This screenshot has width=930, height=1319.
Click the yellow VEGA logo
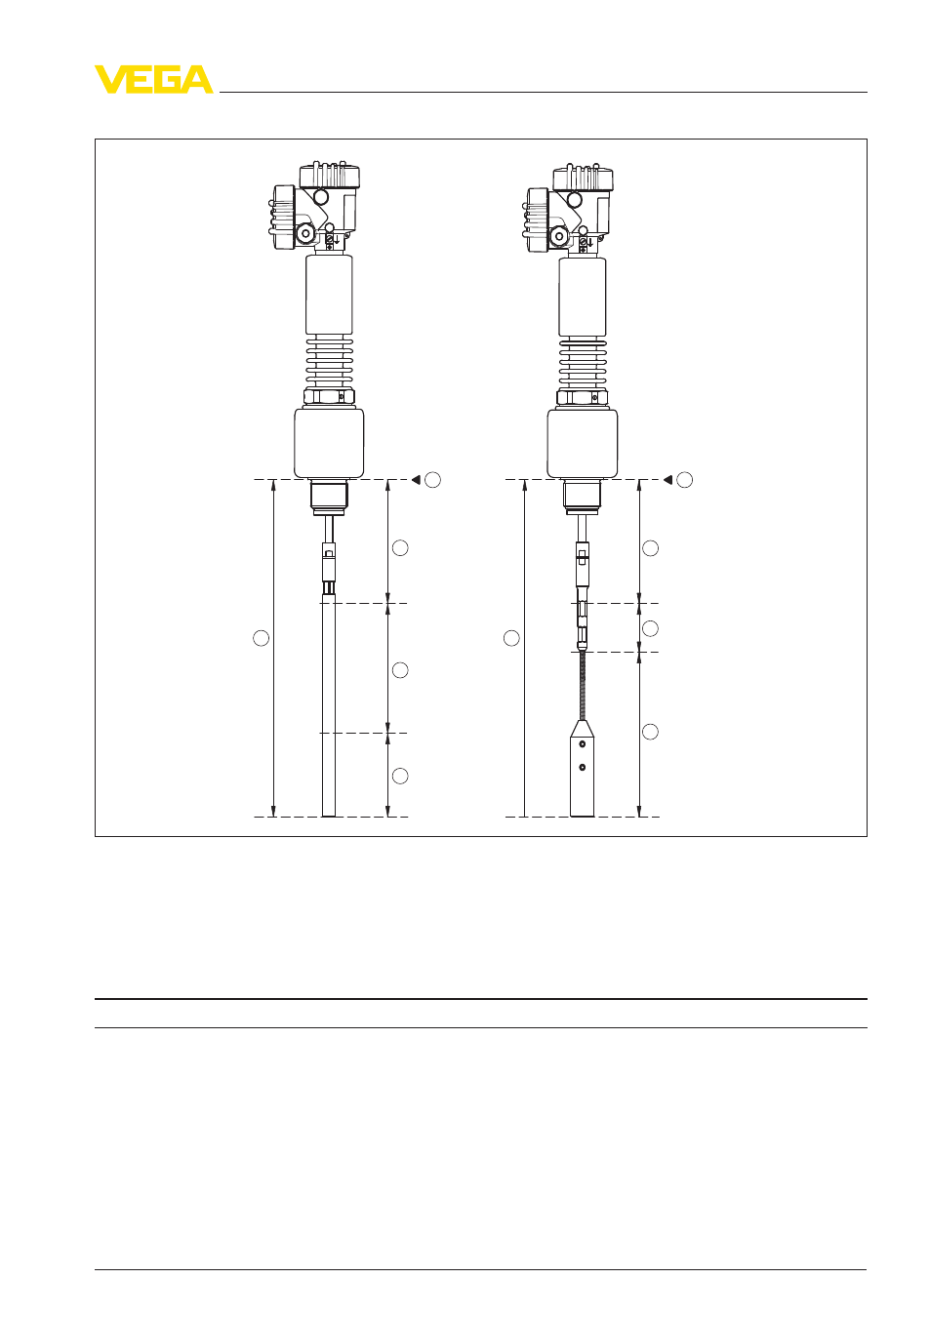point(154,79)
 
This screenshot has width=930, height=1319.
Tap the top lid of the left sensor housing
point(330,176)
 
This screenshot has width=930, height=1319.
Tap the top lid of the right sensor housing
point(583,177)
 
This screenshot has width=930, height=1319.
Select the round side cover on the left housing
point(284,218)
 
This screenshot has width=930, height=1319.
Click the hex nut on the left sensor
point(329,396)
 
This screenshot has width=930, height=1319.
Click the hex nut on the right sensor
point(582,397)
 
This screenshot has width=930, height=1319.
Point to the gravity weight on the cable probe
point(582,768)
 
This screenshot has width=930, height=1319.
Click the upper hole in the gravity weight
point(583,744)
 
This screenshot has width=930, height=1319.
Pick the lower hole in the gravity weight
point(583,767)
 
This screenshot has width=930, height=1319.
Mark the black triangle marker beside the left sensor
point(416,480)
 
